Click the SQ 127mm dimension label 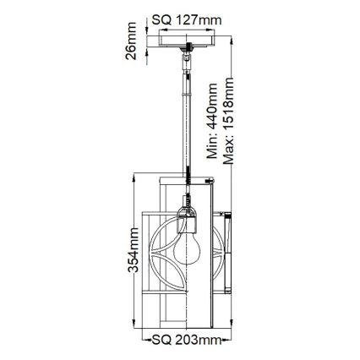click(188, 19)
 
